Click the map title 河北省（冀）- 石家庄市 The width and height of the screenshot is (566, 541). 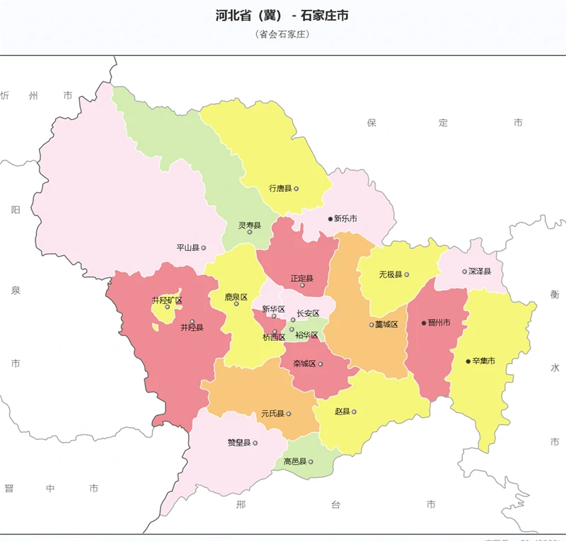tap(282, 16)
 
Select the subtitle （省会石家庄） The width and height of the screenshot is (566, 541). tap(283, 34)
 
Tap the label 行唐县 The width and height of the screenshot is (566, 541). tap(280, 189)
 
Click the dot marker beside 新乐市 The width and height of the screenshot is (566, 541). tap(330, 219)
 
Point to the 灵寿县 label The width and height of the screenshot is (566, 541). tap(249, 226)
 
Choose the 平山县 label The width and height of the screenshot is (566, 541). tap(188, 248)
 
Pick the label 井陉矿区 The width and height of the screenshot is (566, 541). tap(167, 301)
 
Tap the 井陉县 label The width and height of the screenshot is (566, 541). tap(192, 327)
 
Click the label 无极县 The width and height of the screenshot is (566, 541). tap(390, 274)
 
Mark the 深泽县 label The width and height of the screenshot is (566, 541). tap(480, 272)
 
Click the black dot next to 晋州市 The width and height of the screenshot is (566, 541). tap(424, 323)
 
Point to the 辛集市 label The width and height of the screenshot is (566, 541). tap(483, 361)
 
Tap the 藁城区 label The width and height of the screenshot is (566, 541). tap(387, 325)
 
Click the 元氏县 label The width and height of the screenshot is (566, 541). tap(272, 414)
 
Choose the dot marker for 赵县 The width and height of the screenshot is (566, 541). tap(354, 412)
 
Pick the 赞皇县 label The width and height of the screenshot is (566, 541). tap(239, 443)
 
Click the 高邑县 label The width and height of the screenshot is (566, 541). tap(295, 462)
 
